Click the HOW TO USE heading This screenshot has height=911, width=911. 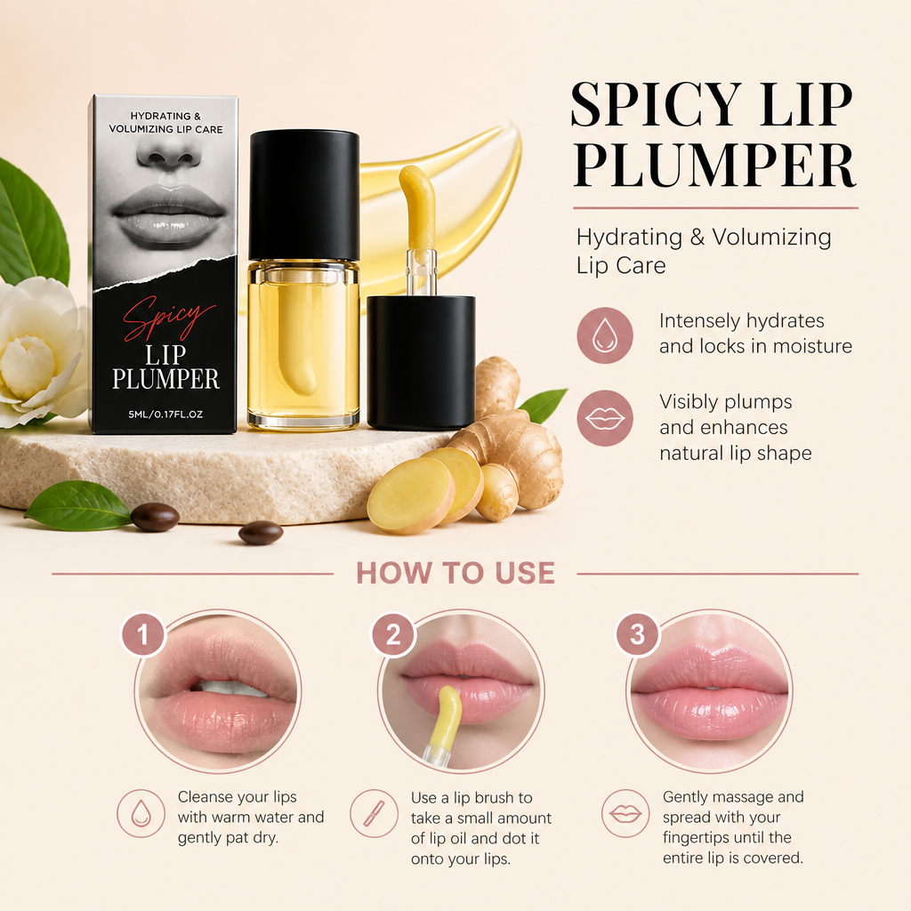coord(455,573)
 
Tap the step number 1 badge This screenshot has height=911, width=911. coord(143,634)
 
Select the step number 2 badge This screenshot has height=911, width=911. coord(393,634)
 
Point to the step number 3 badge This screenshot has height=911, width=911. coord(637,634)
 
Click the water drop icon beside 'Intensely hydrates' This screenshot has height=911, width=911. coord(605,335)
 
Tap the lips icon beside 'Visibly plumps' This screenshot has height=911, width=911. coord(605,418)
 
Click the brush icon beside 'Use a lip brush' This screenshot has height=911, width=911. coord(374,813)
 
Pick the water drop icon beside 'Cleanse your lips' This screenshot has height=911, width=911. coord(141,813)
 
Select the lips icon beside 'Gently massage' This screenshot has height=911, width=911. coord(625,813)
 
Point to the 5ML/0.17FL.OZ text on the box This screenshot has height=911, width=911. coord(165,415)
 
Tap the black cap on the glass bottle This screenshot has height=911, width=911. coord(304,195)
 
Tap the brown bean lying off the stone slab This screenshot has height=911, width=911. coord(261,532)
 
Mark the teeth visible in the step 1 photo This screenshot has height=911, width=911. coord(231,689)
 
